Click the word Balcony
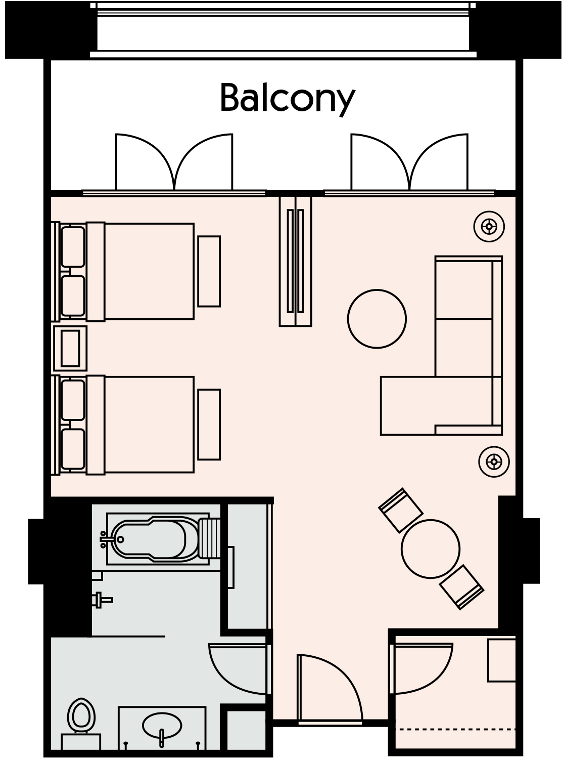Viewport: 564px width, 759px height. point(287,98)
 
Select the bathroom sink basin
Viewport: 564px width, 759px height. point(162,726)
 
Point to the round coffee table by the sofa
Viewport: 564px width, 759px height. point(377,318)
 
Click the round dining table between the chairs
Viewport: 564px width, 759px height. point(431,549)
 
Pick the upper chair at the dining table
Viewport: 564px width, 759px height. point(401,510)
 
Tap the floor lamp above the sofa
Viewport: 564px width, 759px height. point(489,226)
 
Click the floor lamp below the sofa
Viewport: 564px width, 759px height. point(494,461)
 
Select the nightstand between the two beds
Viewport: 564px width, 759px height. point(70,348)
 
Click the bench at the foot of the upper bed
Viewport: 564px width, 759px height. point(209,271)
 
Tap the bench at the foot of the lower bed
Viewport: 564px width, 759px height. point(209,425)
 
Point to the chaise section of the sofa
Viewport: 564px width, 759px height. point(409,405)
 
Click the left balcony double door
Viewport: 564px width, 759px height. point(174,164)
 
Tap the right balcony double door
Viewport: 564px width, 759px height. point(409,164)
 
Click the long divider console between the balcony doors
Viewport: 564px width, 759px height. point(296,261)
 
